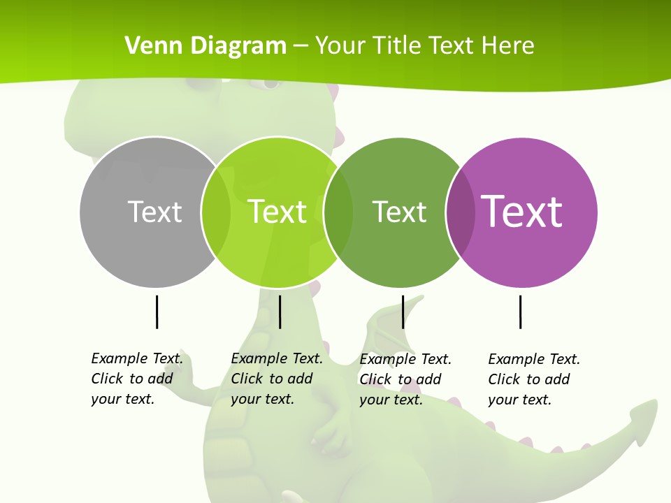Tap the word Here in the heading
tap(507, 46)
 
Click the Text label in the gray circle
tap(154, 212)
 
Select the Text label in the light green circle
tap(277, 212)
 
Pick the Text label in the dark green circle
tap(399, 212)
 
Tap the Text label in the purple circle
tap(521, 212)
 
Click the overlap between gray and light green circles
tap(216, 212)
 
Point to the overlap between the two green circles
tap(338, 212)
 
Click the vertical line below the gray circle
tap(157, 312)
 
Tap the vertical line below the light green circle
tap(280, 312)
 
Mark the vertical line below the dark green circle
tap(403, 312)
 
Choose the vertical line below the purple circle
tap(520, 312)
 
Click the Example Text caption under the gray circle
tap(137, 379)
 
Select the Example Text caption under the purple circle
tap(534, 379)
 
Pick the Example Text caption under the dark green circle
tap(405, 379)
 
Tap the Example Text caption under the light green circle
tap(277, 379)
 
